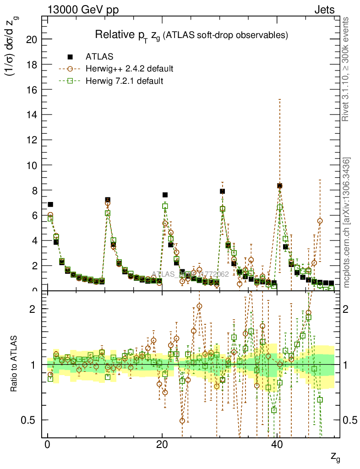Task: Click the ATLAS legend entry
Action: [99, 57]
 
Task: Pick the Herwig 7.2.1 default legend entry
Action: [125, 81]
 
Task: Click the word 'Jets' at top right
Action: [324, 10]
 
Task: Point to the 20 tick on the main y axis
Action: [32, 39]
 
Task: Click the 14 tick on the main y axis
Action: [32, 115]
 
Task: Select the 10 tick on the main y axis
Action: [32, 165]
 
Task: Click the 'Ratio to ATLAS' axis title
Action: [15, 365]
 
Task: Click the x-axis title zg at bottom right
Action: [334, 457]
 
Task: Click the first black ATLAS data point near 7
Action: [50, 204]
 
